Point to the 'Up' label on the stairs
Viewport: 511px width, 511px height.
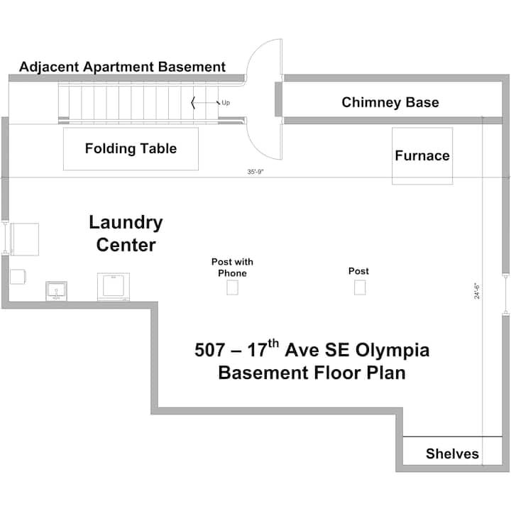click(226, 103)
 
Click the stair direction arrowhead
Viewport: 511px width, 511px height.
click(193, 103)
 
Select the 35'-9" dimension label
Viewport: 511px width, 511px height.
click(255, 172)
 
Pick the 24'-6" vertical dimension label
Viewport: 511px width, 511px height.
click(477, 291)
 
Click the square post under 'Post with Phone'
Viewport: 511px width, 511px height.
click(232, 287)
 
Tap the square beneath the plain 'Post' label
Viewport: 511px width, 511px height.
click(360, 287)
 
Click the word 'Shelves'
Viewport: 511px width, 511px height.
click(452, 454)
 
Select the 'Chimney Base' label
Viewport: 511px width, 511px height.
click(390, 102)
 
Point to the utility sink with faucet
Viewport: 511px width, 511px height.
click(56, 291)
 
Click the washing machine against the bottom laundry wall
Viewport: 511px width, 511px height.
click(114, 287)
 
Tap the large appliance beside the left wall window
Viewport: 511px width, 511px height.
click(24, 239)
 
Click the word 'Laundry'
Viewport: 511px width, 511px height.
click(126, 224)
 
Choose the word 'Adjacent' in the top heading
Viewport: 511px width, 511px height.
click(49, 67)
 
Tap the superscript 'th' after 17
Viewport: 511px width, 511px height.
click(273, 344)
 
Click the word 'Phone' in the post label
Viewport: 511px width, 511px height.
click(232, 273)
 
